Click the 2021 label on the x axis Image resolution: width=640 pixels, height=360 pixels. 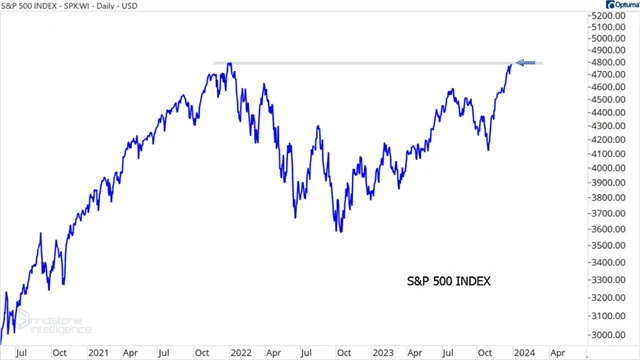98,352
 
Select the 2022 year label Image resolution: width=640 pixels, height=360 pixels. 240,352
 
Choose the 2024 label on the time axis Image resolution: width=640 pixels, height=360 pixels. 522,352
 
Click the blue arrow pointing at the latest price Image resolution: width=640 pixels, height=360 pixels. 529,64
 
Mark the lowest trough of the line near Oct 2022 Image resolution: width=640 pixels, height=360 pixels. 340,232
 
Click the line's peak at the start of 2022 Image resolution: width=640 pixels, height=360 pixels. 231,65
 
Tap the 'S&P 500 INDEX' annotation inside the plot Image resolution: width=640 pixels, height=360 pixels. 448,281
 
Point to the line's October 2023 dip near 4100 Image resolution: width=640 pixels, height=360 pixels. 489,150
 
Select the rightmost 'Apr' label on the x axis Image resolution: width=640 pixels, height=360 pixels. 558,352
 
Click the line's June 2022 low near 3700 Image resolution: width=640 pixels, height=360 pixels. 296,216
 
